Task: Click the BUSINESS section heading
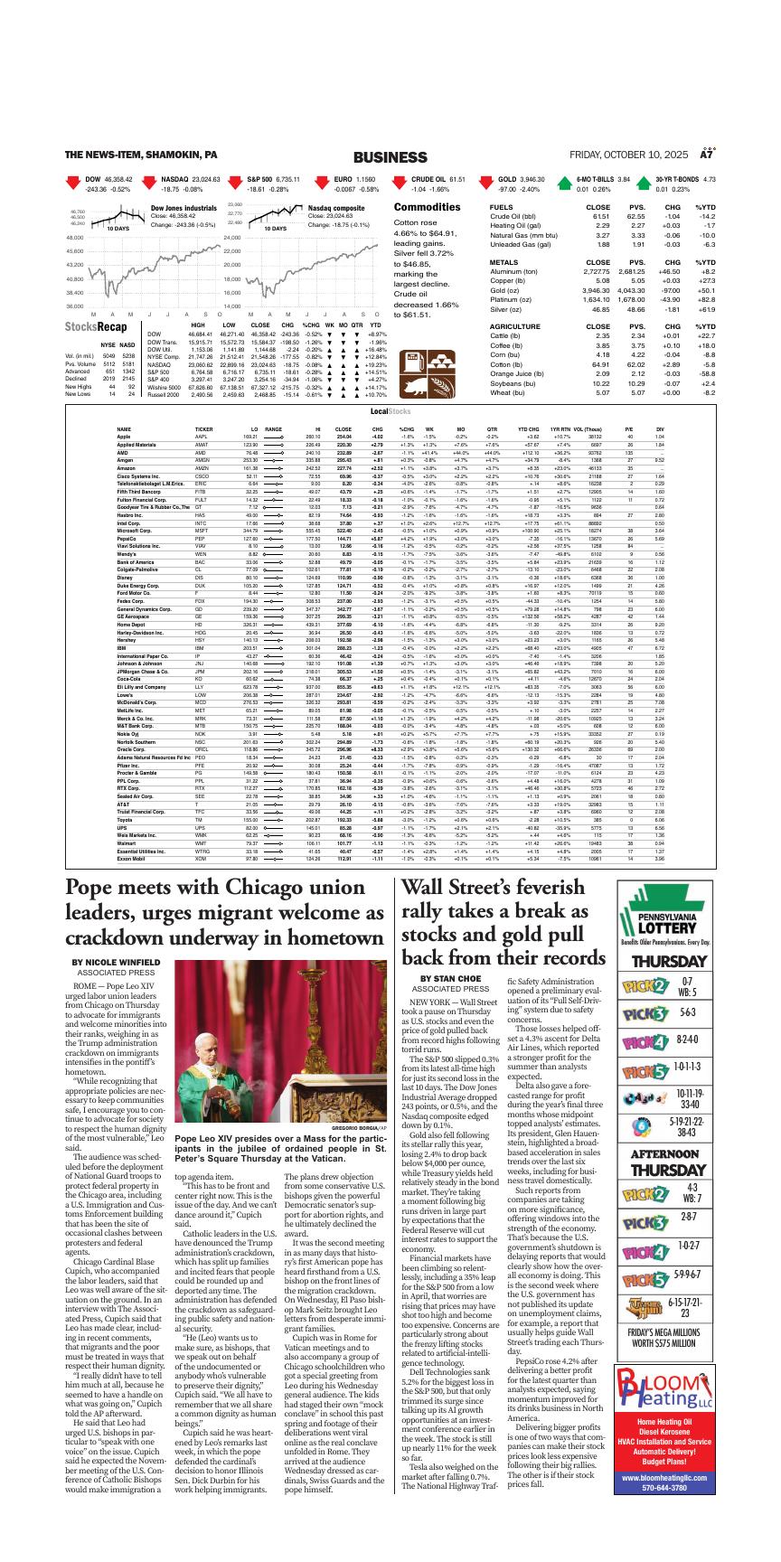(x=390, y=156)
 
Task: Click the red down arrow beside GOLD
(x=483, y=184)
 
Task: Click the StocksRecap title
(x=96, y=326)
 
